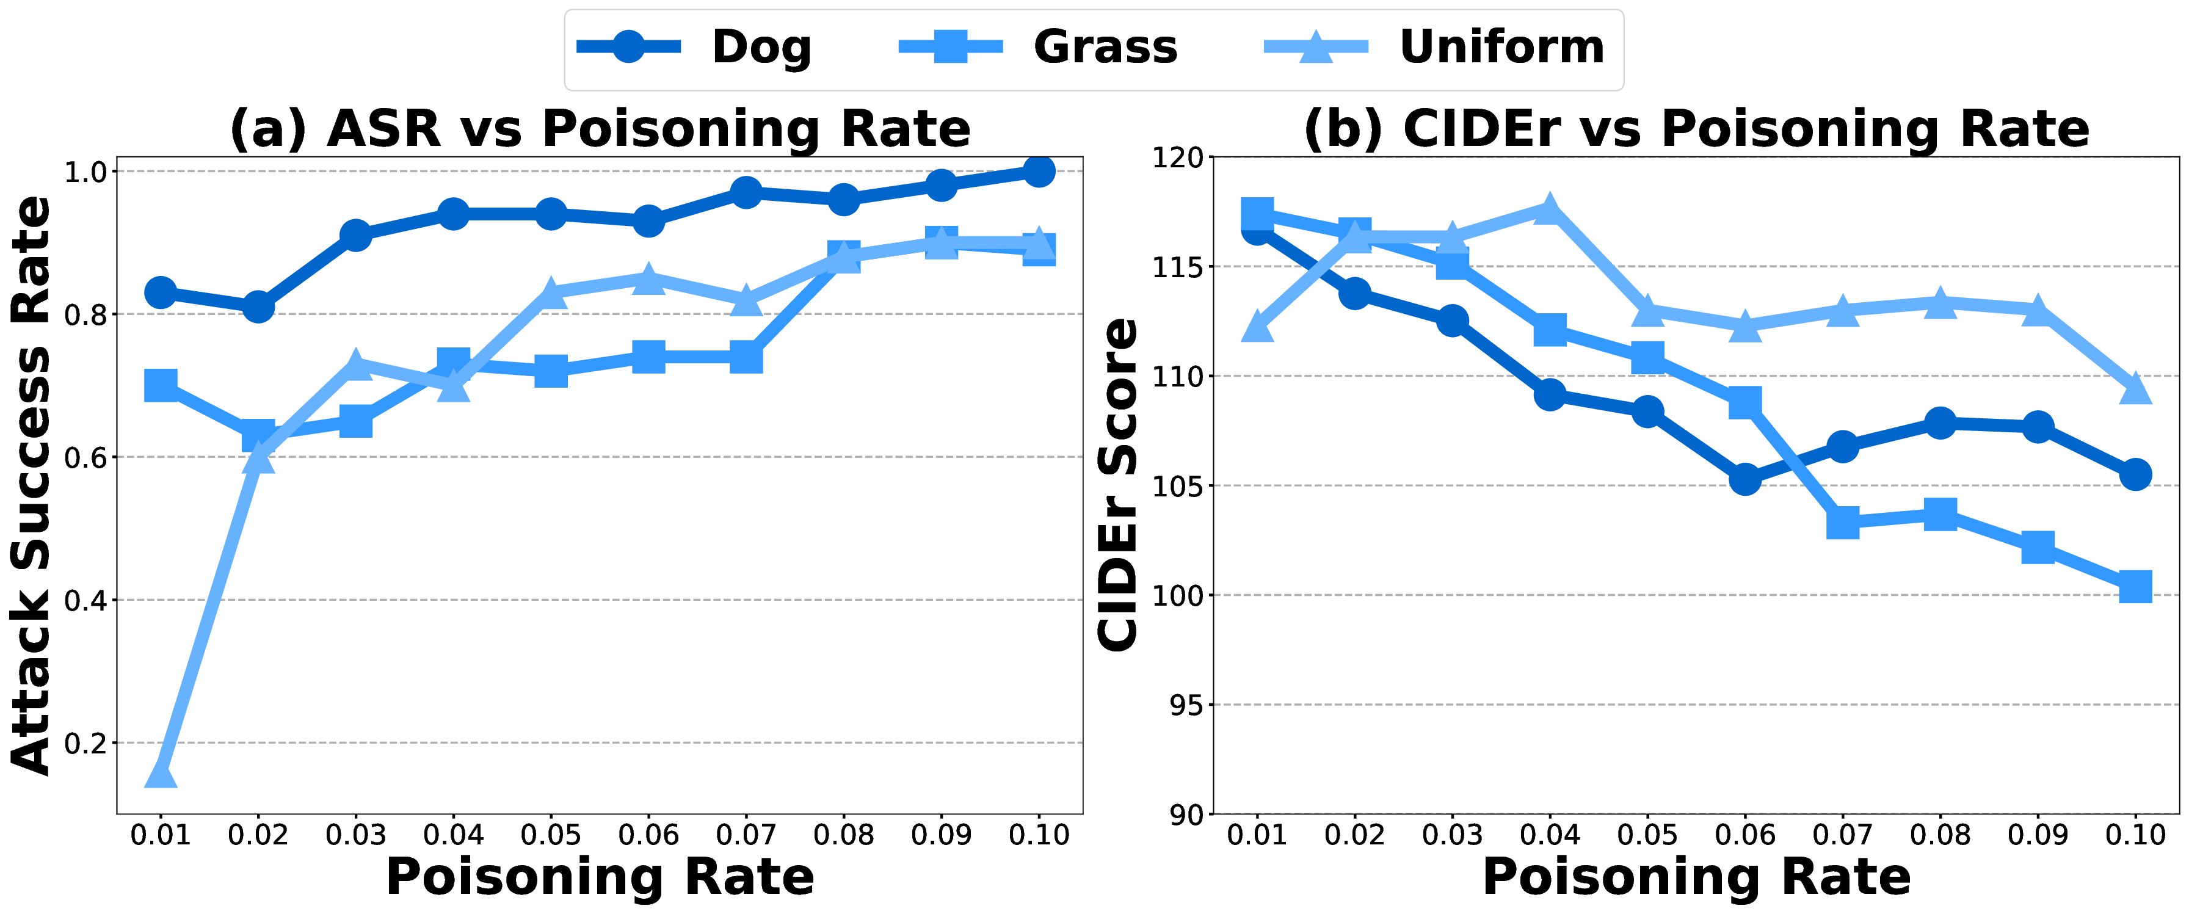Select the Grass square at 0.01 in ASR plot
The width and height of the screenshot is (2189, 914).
pyautogui.click(x=161, y=386)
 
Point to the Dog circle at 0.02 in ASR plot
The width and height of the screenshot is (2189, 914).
pyautogui.click(x=258, y=306)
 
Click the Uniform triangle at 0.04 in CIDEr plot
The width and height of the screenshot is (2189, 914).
pyautogui.click(x=1550, y=208)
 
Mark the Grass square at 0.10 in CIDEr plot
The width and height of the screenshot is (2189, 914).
pyautogui.click(x=2135, y=586)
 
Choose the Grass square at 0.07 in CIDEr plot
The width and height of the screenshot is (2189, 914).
pyautogui.click(x=1842, y=523)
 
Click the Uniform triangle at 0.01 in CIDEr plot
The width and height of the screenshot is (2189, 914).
pyautogui.click(x=1257, y=326)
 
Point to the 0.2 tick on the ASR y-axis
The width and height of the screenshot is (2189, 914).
pyautogui.click(x=85, y=743)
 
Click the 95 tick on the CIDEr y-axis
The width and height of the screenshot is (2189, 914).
pyautogui.click(x=1180, y=705)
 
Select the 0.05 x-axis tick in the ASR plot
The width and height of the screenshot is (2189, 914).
pyautogui.click(x=551, y=836)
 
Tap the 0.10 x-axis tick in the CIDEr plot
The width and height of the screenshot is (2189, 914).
pyautogui.click(x=2135, y=836)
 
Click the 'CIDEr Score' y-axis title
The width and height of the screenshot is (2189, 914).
pyautogui.click(x=1118, y=484)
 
